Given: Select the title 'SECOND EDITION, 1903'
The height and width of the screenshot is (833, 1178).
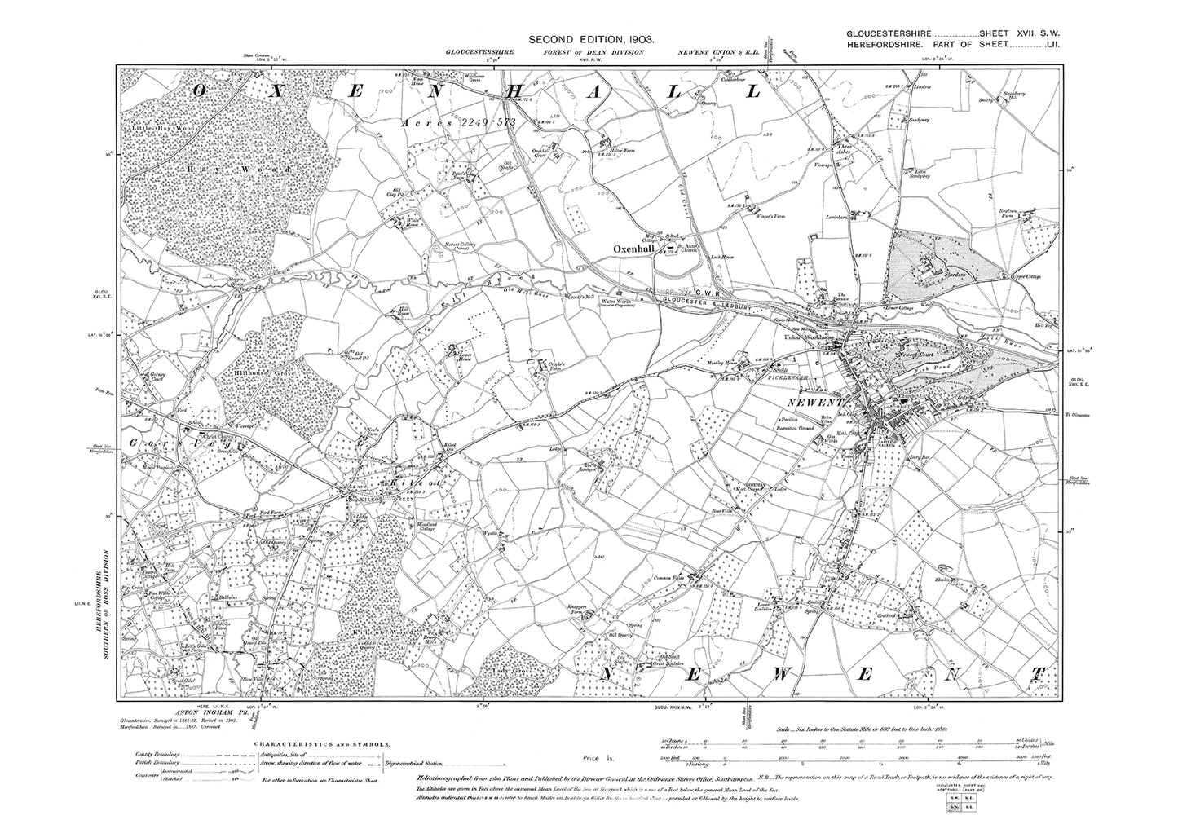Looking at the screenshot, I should click(591, 39).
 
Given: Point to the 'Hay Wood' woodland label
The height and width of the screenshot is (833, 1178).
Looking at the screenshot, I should click(190, 169).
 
